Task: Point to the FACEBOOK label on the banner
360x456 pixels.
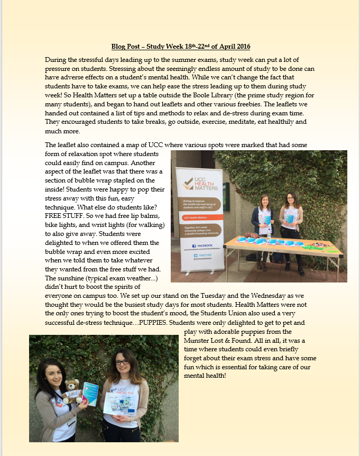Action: tap(202, 245)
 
